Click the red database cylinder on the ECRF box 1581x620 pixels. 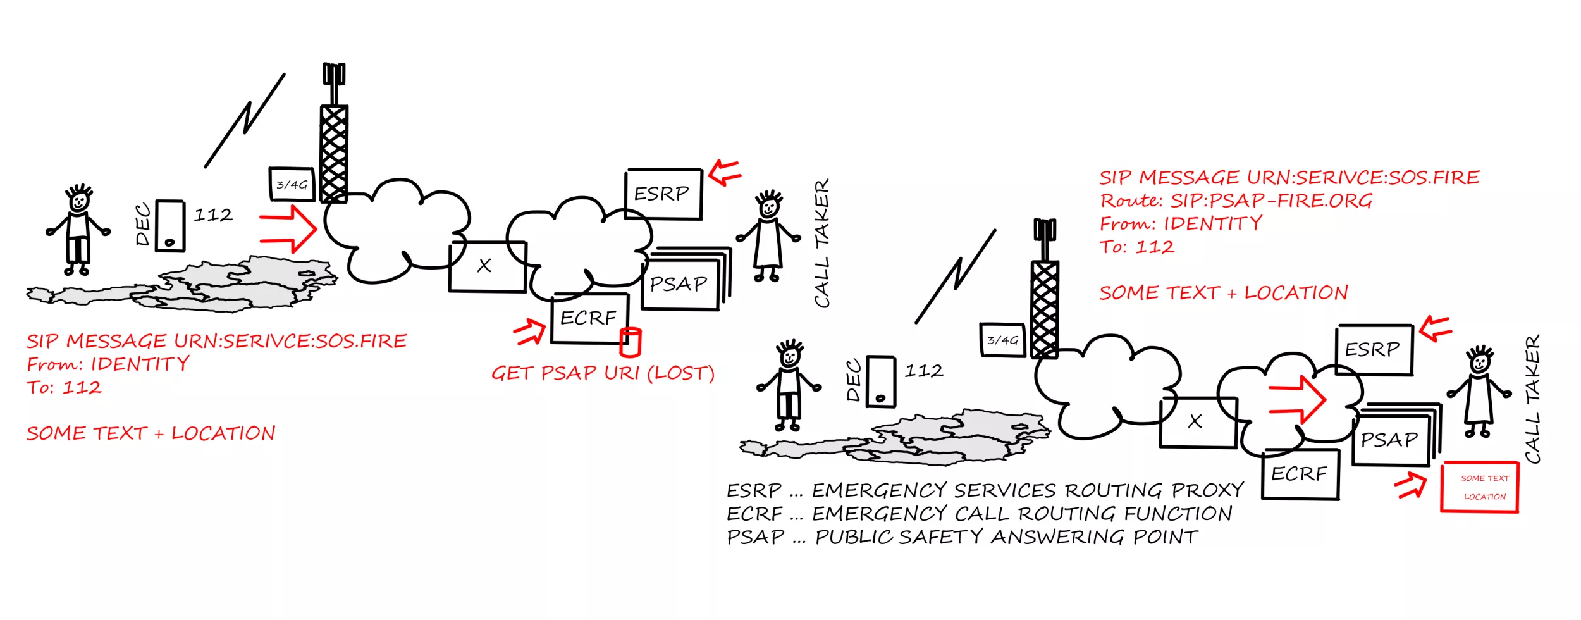[x=630, y=342]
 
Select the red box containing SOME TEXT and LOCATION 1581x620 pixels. [x=1479, y=487]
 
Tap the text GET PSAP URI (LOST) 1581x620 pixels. [x=603, y=373]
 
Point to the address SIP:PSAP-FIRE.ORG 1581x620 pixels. [x=1271, y=201]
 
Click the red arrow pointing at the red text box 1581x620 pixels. [x=1411, y=486]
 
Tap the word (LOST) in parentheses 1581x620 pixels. [x=680, y=373]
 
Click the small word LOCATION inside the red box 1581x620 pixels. [x=1485, y=497]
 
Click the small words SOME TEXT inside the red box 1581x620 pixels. [x=1485, y=478]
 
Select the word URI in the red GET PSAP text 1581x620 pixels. [x=622, y=373]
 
